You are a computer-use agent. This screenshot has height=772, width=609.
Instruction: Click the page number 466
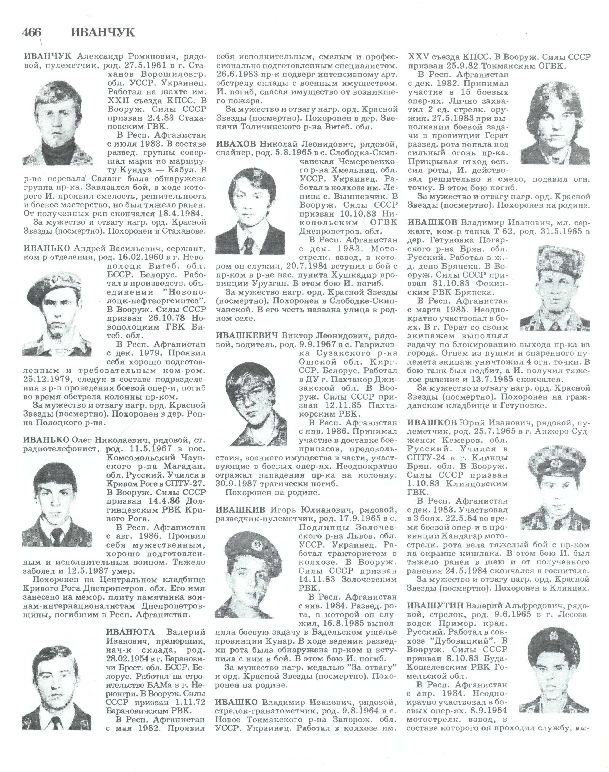pyautogui.click(x=31, y=33)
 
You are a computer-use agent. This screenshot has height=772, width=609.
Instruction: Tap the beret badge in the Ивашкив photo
pyautogui.click(x=256, y=545)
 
